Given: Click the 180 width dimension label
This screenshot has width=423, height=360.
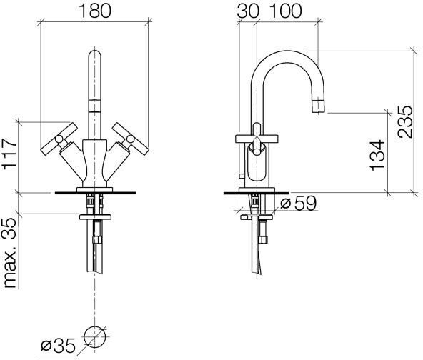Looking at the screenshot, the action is pyautogui.click(x=95, y=11).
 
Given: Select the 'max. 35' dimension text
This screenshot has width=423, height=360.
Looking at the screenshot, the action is pyautogui.click(x=10, y=253).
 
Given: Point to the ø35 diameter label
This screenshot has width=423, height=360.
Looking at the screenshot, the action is pyautogui.click(x=58, y=346).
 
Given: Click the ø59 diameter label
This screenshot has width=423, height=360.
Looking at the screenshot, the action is pyautogui.click(x=298, y=203).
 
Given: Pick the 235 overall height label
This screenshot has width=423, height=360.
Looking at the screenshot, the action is pyautogui.click(x=404, y=122).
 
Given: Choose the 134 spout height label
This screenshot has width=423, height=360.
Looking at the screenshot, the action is pyautogui.click(x=377, y=155).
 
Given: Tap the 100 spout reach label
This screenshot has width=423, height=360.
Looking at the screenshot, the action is pyautogui.click(x=285, y=11).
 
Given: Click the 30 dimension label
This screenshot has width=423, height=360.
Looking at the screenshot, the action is pyautogui.click(x=248, y=11).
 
